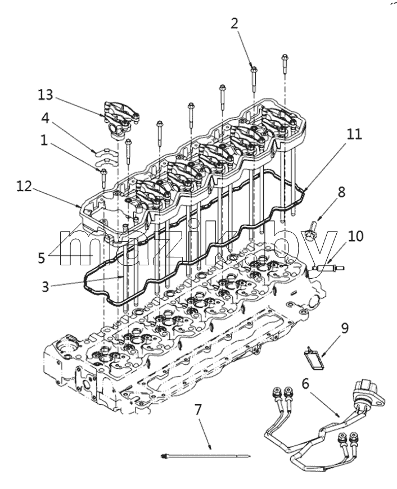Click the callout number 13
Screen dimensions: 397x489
[46, 95]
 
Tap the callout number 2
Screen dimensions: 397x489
[234, 24]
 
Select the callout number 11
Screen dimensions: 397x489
[354, 134]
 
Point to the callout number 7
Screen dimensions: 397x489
[199, 410]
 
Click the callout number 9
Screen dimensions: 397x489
[345, 328]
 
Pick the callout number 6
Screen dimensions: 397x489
[305, 383]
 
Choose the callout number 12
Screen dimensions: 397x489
[25, 187]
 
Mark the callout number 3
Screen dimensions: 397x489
[46, 287]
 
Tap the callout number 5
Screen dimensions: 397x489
[42, 258]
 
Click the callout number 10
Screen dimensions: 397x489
[356, 237]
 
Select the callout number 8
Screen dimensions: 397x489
[342, 192]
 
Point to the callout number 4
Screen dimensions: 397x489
[46, 118]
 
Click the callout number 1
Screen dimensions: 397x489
[44, 141]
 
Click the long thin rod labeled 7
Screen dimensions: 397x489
[205, 456]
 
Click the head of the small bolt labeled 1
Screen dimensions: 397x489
[103, 171]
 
